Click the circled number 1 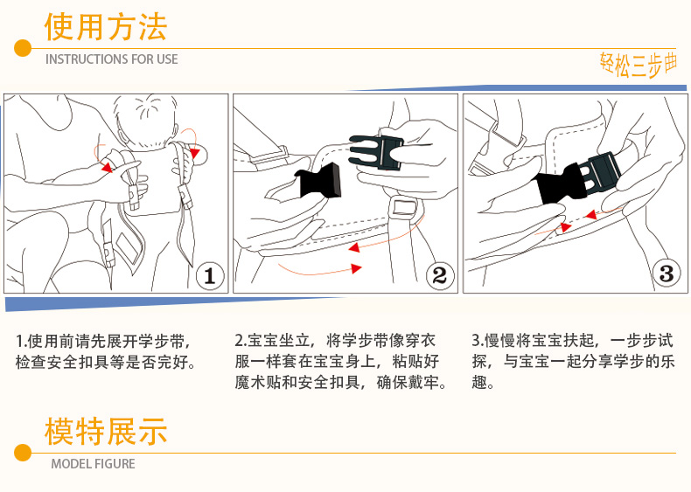210,276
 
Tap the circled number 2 440,276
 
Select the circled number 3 667,273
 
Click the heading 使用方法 106,27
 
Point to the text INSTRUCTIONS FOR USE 111,59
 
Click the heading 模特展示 106,431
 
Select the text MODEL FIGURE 93,464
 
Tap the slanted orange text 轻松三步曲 639,65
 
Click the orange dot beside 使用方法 23,48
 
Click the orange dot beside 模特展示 23,453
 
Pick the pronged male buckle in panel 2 376,152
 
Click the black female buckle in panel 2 318,181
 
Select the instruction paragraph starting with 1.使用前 106,351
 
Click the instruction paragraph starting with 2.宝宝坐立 341,361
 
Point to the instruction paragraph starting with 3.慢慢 573,361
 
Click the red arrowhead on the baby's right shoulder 194,153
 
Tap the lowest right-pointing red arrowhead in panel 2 356,268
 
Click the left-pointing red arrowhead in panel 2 354,247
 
